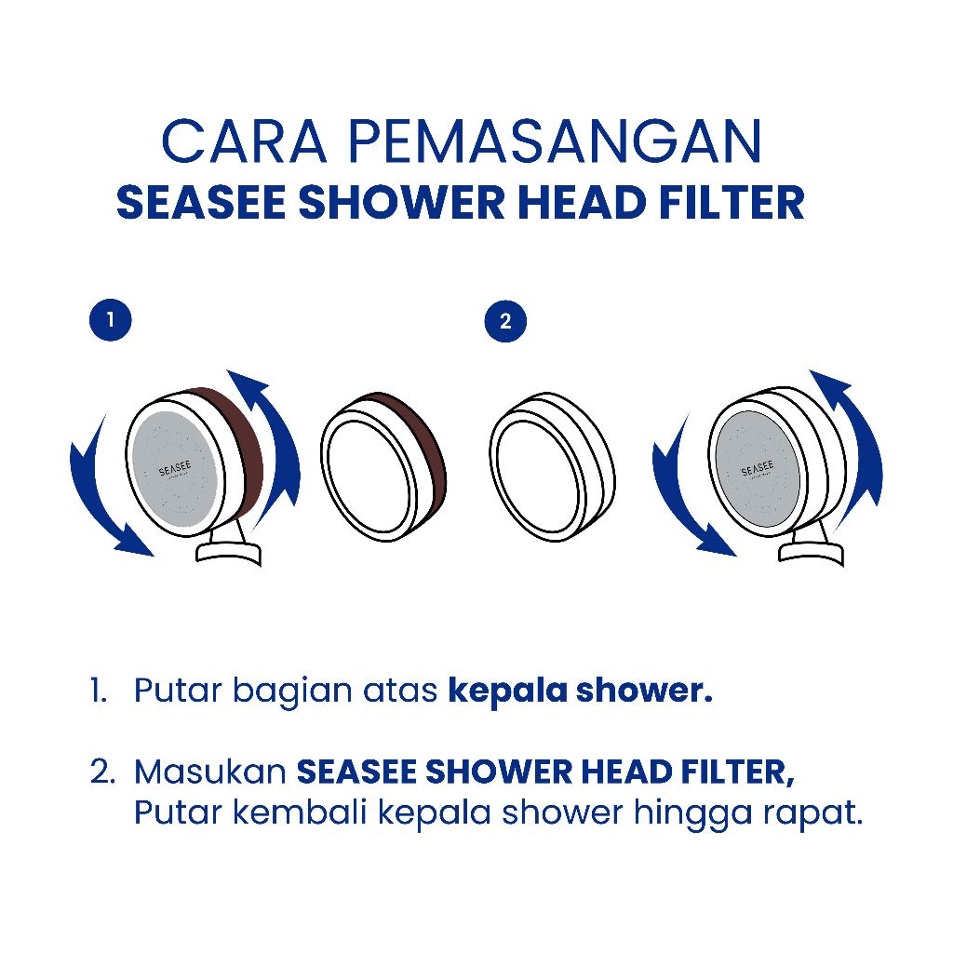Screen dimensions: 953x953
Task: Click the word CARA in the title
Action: (245, 141)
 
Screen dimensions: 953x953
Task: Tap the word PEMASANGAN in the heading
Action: (556, 141)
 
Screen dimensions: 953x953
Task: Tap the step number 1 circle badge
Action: (111, 320)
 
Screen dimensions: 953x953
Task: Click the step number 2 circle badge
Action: (505, 321)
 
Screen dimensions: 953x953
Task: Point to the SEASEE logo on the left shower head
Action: (175, 470)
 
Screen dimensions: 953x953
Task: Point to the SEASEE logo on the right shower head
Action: (758, 469)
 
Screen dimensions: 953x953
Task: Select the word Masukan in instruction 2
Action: (210, 772)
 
